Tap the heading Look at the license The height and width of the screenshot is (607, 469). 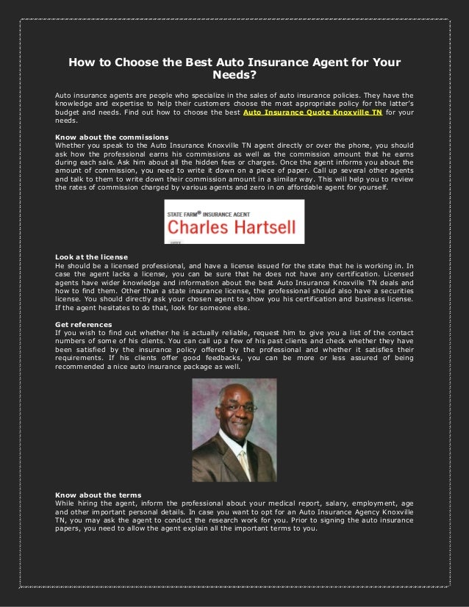[x=91, y=256]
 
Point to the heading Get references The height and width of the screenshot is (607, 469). [x=83, y=323]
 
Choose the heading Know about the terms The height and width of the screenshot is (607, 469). [x=94, y=495]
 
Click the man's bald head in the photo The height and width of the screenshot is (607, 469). [x=233, y=391]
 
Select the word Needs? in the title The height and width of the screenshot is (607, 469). [x=234, y=75]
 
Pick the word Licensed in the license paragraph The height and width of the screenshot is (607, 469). [x=397, y=273]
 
